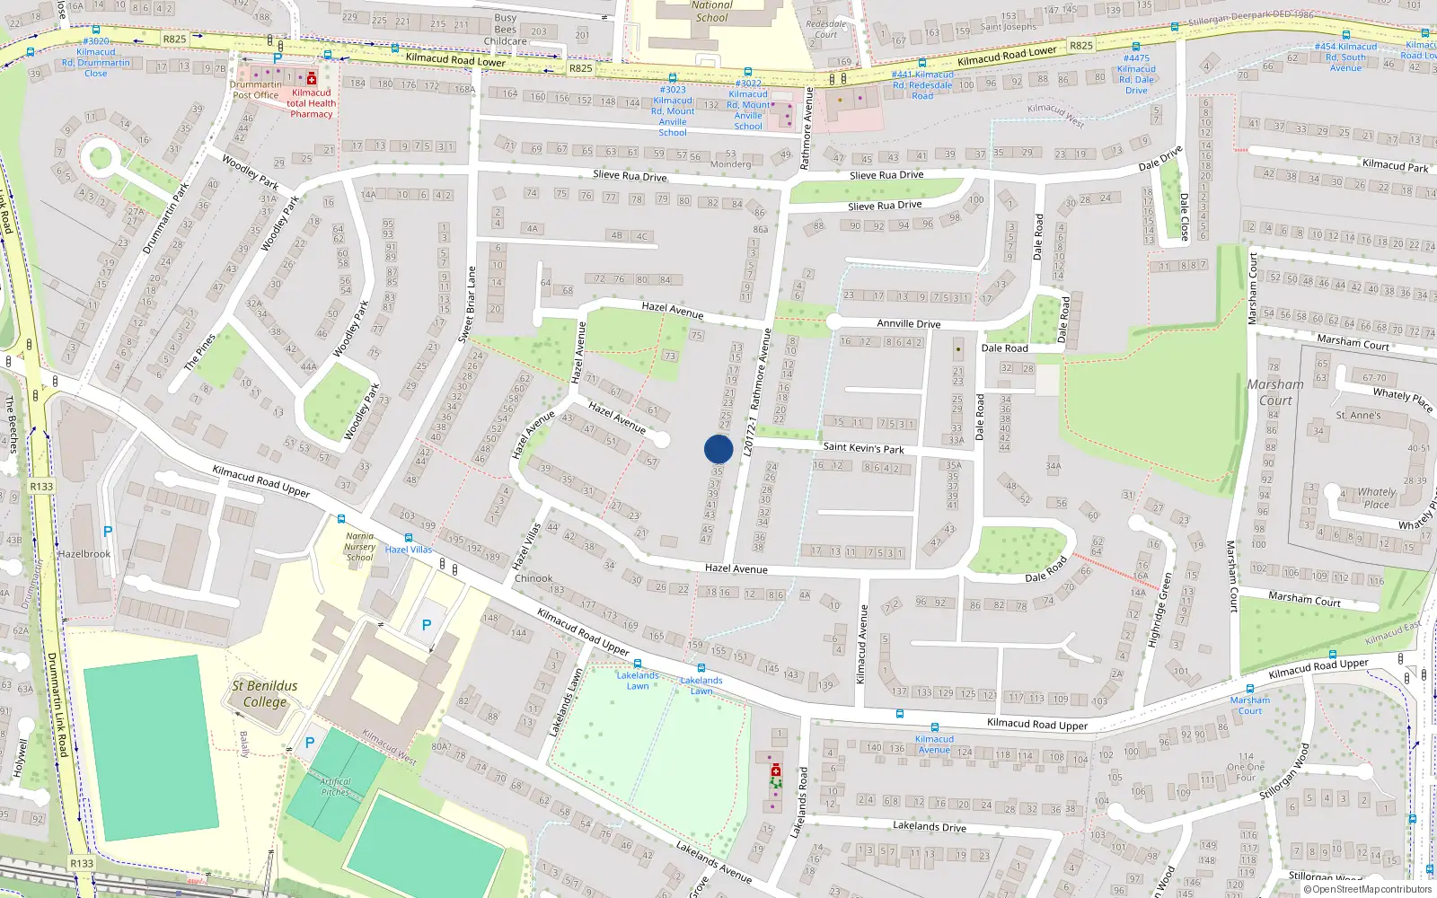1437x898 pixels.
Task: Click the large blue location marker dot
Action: (718, 449)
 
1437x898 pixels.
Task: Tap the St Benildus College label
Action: (264, 693)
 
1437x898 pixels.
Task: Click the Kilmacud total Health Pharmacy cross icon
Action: (312, 79)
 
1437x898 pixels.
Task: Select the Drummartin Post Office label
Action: (255, 90)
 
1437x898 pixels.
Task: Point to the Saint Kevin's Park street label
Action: (863, 447)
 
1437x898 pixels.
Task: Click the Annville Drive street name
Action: (908, 323)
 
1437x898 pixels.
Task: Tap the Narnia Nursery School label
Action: (359, 546)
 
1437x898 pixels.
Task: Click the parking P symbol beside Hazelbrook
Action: (108, 532)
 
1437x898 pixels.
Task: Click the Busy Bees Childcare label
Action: (505, 30)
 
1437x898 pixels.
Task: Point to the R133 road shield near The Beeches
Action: (41, 487)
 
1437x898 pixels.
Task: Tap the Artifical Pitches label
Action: (335, 787)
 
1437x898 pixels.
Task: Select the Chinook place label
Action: (533, 578)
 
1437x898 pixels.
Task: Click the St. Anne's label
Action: (1358, 415)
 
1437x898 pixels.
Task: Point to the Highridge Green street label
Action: (1160, 611)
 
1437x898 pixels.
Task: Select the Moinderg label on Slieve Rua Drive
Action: (730, 164)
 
